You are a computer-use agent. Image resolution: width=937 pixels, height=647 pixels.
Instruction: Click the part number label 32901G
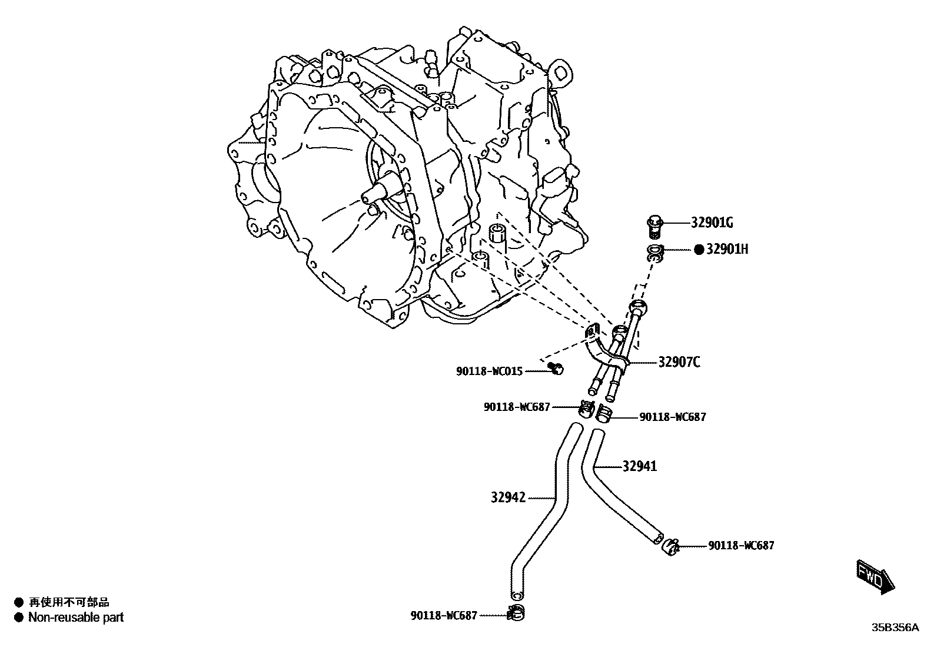pyautogui.click(x=712, y=223)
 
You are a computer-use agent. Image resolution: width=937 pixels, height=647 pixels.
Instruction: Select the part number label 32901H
pyautogui.click(x=727, y=249)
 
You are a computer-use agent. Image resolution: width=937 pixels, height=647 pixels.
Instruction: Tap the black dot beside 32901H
pyautogui.click(x=699, y=250)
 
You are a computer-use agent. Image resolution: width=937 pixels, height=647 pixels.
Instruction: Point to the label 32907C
pyautogui.click(x=679, y=362)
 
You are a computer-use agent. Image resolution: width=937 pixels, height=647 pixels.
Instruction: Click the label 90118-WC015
pyautogui.click(x=489, y=371)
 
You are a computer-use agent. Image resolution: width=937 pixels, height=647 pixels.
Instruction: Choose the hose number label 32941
pyautogui.click(x=640, y=466)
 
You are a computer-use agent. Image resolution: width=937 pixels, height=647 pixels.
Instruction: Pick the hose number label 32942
pyautogui.click(x=508, y=497)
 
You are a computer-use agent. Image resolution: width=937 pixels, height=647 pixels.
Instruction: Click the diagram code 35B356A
pyautogui.click(x=895, y=628)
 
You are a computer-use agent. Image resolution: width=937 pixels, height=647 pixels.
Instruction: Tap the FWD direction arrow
pyautogui.click(x=875, y=576)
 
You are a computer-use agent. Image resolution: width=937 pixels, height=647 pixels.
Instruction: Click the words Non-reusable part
pyautogui.click(x=76, y=618)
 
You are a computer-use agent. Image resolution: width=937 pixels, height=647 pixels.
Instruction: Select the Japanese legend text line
pyautogui.click(x=69, y=602)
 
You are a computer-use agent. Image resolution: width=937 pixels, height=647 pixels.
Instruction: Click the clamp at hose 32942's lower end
pyautogui.click(x=515, y=613)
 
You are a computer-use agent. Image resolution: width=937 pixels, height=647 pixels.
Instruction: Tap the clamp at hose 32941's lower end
pyautogui.click(x=671, y=546)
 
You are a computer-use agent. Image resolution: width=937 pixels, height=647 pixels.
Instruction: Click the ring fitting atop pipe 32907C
pyautogui.click(x=637, y=307)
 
